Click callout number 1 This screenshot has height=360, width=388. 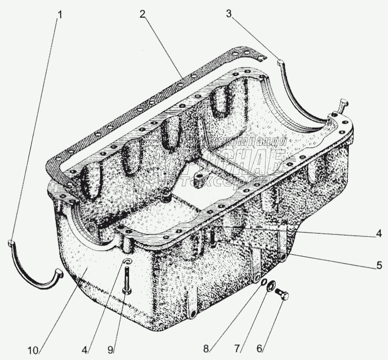click(60, 15)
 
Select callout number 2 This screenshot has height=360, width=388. click(143, 15)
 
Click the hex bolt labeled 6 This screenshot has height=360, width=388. click(282, 295)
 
